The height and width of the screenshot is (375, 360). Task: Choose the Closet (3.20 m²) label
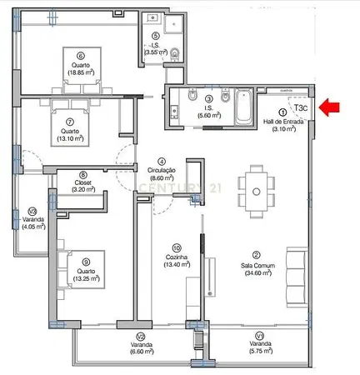point(82,185)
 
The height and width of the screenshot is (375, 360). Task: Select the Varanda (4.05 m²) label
point(32,218)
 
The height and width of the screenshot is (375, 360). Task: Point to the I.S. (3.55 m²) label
point(156,48)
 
